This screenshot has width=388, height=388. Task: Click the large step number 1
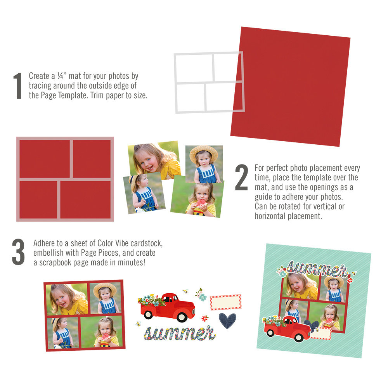17,86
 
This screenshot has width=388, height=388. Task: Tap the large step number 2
241,178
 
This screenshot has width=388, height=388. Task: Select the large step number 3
18,253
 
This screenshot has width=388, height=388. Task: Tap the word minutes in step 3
130,262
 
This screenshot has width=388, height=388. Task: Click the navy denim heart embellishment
227,320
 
